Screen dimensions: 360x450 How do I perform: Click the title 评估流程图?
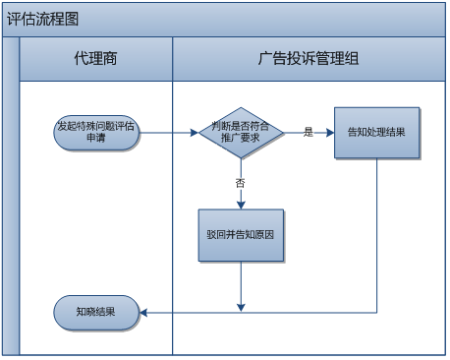pos(43,19)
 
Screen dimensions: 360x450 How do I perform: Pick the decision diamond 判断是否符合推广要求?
pos(241,132)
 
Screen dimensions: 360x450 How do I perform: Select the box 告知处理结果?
pos(376,132)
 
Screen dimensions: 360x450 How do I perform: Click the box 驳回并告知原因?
pos(241,236)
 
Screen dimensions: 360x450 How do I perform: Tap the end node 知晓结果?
pos(95,313)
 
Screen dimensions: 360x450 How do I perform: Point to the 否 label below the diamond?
pos(241,183)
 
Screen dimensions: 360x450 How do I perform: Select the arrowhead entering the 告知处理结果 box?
pos(329,132)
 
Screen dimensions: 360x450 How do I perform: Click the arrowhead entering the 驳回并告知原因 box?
pos(241,205)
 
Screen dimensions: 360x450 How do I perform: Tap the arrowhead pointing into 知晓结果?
pos(144,313)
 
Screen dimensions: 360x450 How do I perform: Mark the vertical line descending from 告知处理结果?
pos(376,236)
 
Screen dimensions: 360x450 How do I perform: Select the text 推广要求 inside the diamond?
pos(241,139)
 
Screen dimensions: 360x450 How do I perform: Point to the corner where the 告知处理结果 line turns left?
pos(376,313)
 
